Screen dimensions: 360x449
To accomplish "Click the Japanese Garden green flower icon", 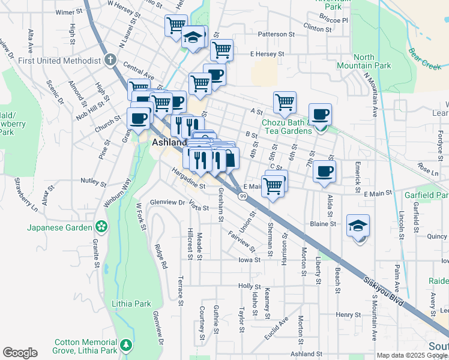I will (102, 227).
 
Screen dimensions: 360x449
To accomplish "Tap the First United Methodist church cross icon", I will (109, 61).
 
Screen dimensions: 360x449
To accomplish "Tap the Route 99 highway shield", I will (243, 196).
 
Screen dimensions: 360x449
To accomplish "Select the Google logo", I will (20, 353).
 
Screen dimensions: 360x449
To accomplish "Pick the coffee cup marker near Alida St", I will (325, 172).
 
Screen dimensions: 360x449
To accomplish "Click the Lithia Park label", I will (131, 304).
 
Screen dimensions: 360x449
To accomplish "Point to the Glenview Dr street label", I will (167, 202).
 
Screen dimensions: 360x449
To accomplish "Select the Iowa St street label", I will (249, 260).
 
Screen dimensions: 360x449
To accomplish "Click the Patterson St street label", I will (276, 34).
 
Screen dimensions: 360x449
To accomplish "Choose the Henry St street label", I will (348, 314).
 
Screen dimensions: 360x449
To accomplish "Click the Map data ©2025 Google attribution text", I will (412, 355).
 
